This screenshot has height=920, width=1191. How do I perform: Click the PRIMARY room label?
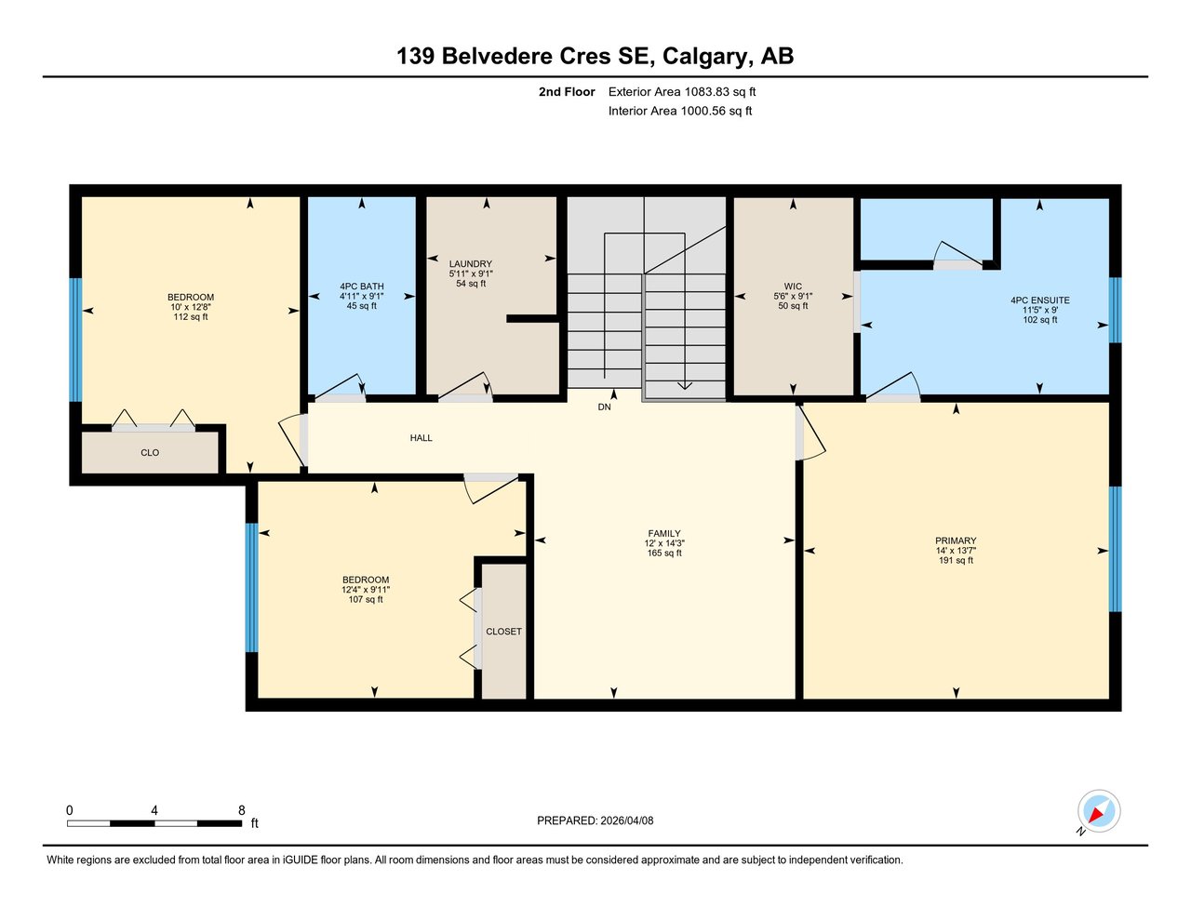[956, 540]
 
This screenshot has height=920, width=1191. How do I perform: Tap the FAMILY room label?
[664, 534]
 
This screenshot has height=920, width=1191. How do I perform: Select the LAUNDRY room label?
[470, 264]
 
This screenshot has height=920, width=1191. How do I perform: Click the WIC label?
[793, 287]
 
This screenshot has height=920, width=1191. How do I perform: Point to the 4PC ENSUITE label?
[1039, 300]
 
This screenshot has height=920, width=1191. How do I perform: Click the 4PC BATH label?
[361, 287]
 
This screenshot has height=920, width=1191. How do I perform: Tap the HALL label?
[421, 438]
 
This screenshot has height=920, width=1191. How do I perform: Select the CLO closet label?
[150, 453]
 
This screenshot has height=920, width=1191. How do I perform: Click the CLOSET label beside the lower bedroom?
[503, 632]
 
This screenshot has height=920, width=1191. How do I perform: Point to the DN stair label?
[604, 407]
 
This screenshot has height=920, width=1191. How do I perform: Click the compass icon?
[1098, 811]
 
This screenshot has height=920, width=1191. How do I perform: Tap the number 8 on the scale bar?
[241, 810]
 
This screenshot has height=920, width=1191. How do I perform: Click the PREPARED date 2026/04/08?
[627, 820]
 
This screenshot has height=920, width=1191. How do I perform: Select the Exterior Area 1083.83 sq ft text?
[681, 92]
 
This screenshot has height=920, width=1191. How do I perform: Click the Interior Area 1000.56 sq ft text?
[679, 111]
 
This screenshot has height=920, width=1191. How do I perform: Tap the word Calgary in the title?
[703, 57]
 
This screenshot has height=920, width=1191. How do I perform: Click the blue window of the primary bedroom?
[1115, 549]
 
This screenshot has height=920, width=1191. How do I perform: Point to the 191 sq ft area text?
[956, 561]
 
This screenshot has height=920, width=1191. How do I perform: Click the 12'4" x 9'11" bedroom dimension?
[366, 590]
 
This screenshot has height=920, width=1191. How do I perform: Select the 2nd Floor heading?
[566, 92]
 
